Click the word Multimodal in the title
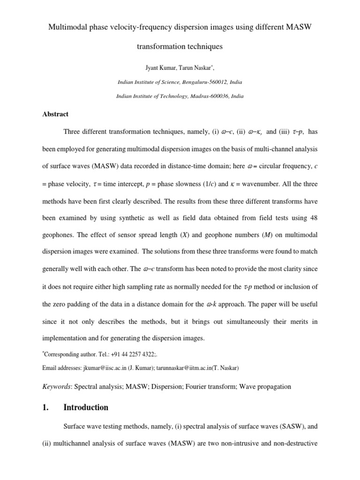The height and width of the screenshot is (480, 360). coord(67,28)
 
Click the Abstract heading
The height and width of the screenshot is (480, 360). coord(55,114)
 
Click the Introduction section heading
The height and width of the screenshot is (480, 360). coord(85,407)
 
